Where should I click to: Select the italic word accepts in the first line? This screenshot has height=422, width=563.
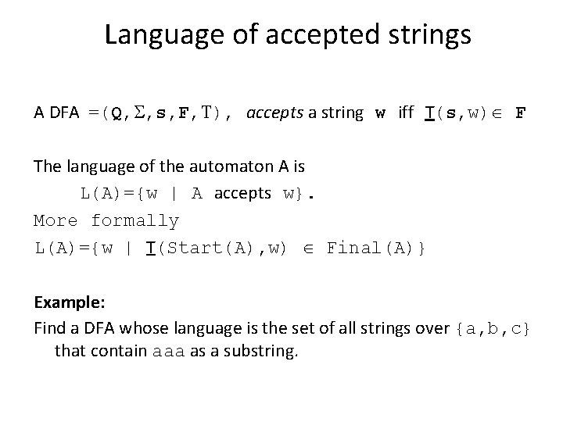[273, 113]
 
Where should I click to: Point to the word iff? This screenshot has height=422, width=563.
[406, 113]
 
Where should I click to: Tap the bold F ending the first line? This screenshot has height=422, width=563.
[520, 113]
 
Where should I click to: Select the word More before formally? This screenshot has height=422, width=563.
[55, 221]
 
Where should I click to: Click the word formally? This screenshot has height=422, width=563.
[134, 221]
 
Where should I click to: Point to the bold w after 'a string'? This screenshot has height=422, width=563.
[380, 113]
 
